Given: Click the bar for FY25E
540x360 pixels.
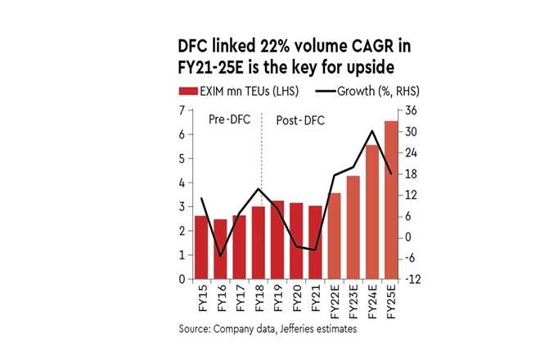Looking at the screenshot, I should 390,200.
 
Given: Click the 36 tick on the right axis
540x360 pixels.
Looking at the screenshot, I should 412,110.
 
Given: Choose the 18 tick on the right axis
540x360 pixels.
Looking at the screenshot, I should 412,173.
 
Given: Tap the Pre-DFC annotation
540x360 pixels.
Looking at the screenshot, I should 222,121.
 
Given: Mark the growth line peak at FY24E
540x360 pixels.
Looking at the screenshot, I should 372,131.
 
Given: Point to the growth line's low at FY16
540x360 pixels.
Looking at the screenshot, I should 220,256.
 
